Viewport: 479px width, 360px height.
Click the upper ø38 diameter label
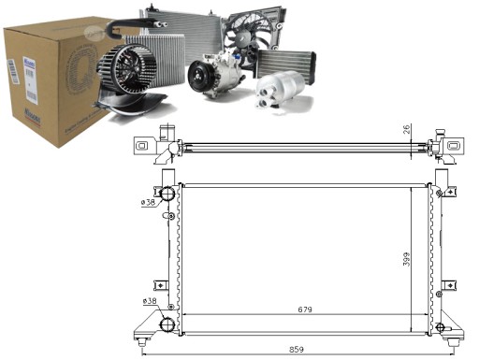pyautogui.click(x=148, y=202)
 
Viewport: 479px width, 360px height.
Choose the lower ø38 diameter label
pyautogui.click(x=148, y=301)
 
